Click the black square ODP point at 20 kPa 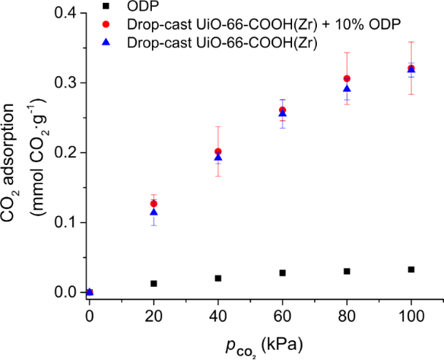coord(153,283)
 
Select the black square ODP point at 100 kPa coord(411,269)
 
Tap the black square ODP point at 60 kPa coord(283,273)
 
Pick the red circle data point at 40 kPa coord(218,152)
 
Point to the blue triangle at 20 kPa coord(153,212)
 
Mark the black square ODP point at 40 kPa coord(218,278)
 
